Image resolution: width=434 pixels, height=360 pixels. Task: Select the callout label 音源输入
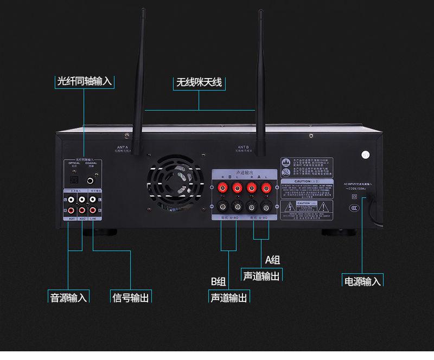(68, 298)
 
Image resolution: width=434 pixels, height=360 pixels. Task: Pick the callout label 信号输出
(130, 298)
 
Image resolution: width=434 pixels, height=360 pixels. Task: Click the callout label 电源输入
(363, 281)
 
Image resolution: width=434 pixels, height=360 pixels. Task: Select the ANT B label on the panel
(243, 146)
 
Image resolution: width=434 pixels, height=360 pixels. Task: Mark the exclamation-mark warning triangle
(324, 207)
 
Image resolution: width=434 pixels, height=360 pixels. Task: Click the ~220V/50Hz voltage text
(355, 188)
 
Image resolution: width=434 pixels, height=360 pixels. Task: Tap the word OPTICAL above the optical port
(74, 163)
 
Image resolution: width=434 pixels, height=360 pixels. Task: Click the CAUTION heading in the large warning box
(302, 181)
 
